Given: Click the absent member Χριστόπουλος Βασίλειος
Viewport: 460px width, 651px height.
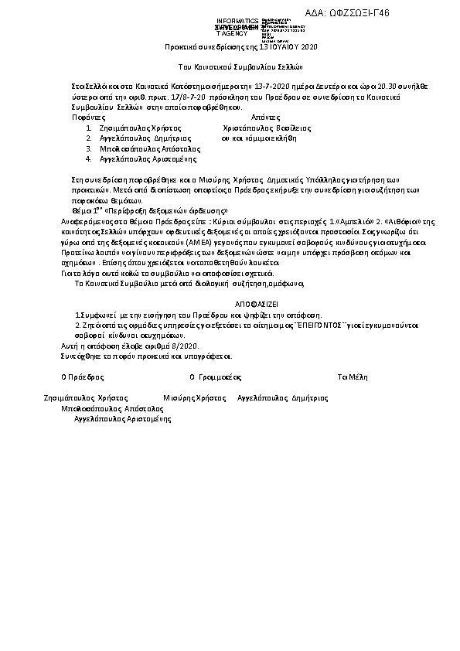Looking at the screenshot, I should [267, 128].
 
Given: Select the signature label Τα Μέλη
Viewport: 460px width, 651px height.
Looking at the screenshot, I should [353, 377].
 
